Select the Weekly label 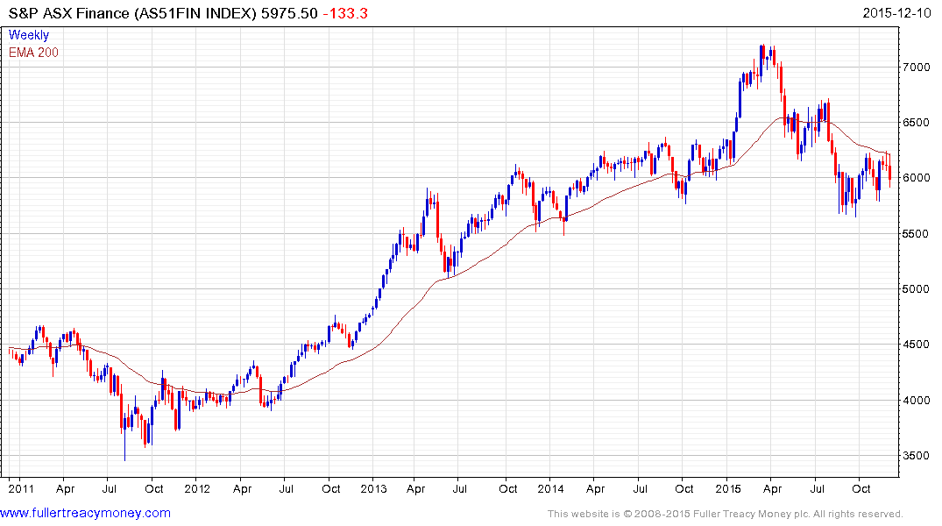(29, 35)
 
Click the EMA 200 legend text (33, 52)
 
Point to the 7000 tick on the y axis (917, 68)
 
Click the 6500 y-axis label (917, 123)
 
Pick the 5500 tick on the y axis (917, 234)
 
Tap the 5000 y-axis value (917, 289)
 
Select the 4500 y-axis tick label (917, 345)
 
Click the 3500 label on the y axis (917, 456)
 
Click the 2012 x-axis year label (197, 488)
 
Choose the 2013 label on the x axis (374, 488)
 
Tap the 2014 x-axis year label (551, 488)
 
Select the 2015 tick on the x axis (728, 488)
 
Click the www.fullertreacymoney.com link (85, 513)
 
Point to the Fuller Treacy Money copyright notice (725, 514)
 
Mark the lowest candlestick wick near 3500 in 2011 (124, 458)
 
